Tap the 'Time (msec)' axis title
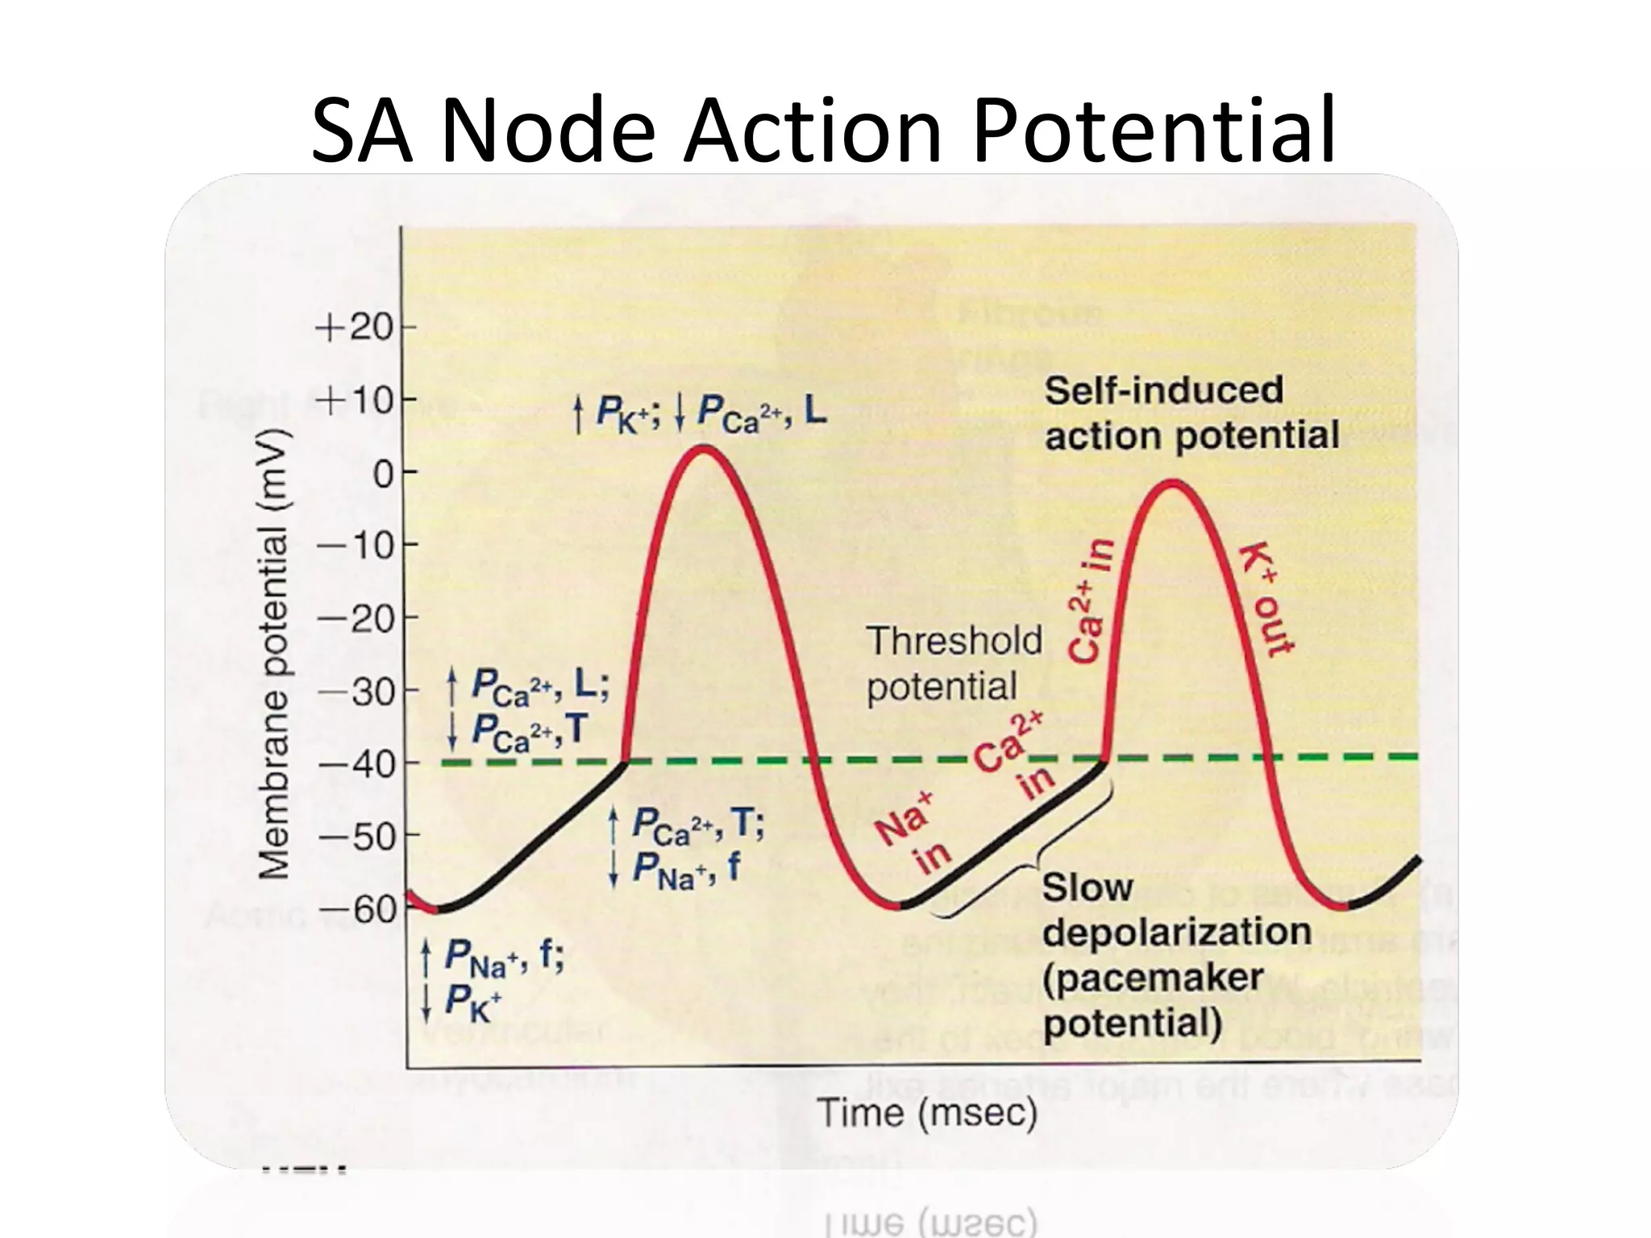(x=927, y=1113)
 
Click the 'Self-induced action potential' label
(x=1191, y=413)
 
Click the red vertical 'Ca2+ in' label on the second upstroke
(x=1091, y=600)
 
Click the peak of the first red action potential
(x=704, y=447)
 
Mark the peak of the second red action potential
(x=1173, y=483)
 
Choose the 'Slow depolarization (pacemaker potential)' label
(x=1175, y=954)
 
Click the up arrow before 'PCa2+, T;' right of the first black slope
(x=614, y=824)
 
